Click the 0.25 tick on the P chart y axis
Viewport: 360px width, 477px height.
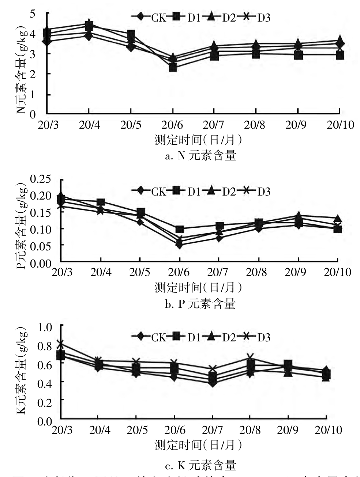click(42, 179)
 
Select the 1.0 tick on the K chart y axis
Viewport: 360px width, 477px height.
click(46, 326)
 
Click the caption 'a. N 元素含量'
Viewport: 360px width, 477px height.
click(200, 156)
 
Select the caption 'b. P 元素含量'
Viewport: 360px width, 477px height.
click(200, 304)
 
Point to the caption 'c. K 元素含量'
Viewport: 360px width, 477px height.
click(200, 465)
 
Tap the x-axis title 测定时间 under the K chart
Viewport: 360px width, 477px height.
click(198, 445)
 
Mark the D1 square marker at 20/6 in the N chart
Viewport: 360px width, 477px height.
click(173, 68)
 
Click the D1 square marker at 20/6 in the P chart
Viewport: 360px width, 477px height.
click(179, 229)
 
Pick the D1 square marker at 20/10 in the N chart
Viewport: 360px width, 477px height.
click(340, 56)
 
